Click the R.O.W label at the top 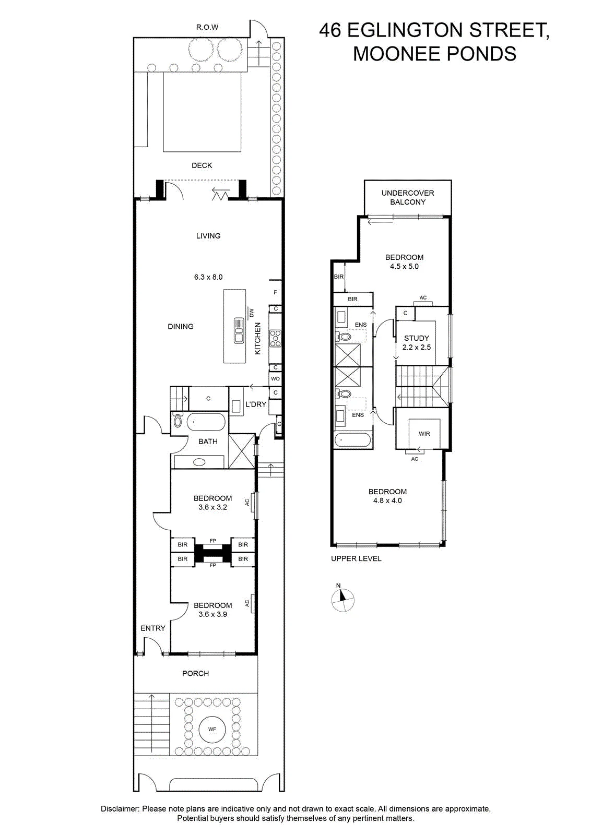(x=207, y=27)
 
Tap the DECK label (x=202, y=165)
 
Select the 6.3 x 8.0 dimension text (x=208, y=277)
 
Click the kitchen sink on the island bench (x=238, y=330)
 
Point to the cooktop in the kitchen (x=275, y=338)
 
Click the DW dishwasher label (x=251, y=313)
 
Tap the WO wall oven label (x=275, y=379)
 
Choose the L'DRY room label (x=256, y=404)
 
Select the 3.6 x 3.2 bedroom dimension (x=212, y=507)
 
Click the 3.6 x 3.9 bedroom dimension (x=212, y=614)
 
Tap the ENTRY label (x=153, y=628)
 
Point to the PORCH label (x=195, y=673)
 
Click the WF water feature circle (x=212, y=729)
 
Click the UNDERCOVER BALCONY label (x=408, y=198)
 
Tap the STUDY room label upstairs (x=417, y=338)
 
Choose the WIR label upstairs (x=424, y=434)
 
